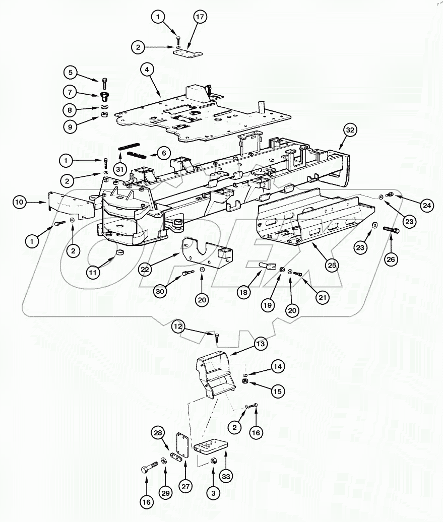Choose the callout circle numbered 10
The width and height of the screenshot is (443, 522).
click(20, 203)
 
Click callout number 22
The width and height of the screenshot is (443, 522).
click(146, 269)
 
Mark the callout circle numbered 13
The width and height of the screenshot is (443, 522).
click(260, 344)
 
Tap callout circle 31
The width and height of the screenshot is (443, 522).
click(119, 168)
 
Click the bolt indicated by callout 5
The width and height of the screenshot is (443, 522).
click(105, 82)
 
